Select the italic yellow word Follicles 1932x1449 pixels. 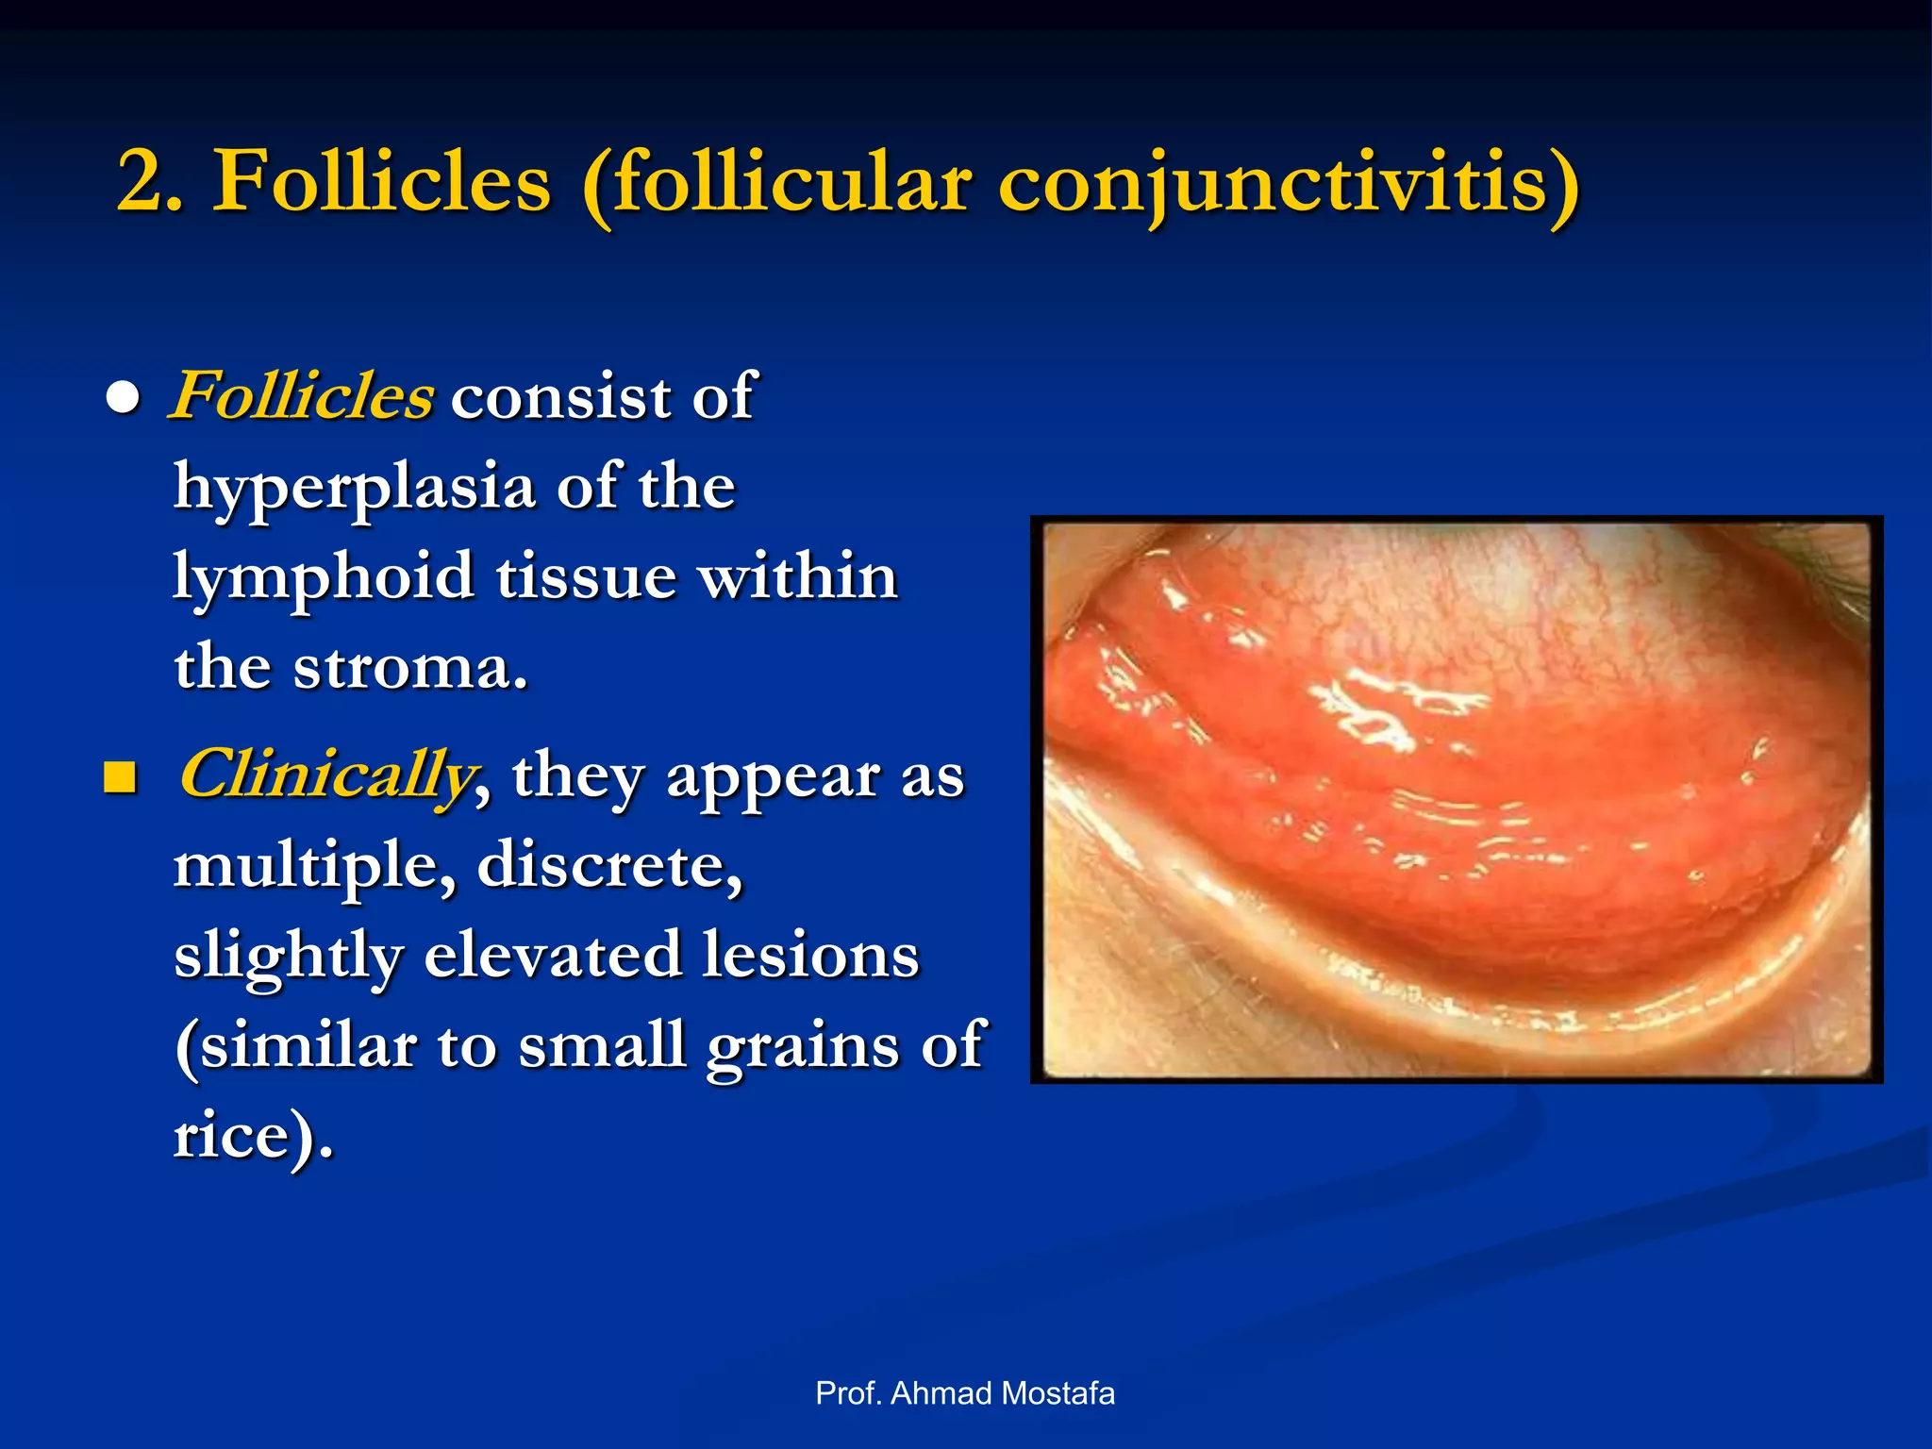[302, 395]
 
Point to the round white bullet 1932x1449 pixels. [124, 399]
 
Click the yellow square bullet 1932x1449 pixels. [120, 778]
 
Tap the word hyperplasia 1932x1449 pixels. [355, 489]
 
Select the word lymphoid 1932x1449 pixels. [323, 576]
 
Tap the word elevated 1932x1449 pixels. [552, 955]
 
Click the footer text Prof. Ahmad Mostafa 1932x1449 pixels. [965, 1393]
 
